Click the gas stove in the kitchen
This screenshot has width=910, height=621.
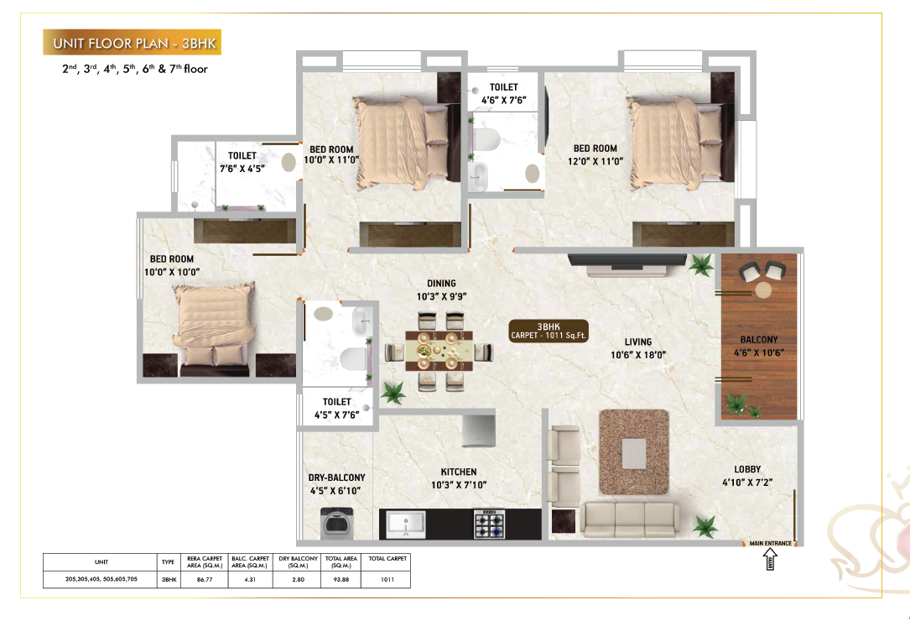[490, 524]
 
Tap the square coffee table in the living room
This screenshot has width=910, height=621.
[634, 452]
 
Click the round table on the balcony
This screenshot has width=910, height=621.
[762, 290]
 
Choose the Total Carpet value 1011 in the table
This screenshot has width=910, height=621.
[387, 579]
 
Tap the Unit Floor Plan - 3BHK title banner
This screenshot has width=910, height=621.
[131, 43]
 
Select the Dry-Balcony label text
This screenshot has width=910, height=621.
[336, 477]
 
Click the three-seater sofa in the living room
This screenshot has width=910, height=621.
[628, 519]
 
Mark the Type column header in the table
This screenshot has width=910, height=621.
[168, 561]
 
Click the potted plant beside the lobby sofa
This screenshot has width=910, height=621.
[705, 527]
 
